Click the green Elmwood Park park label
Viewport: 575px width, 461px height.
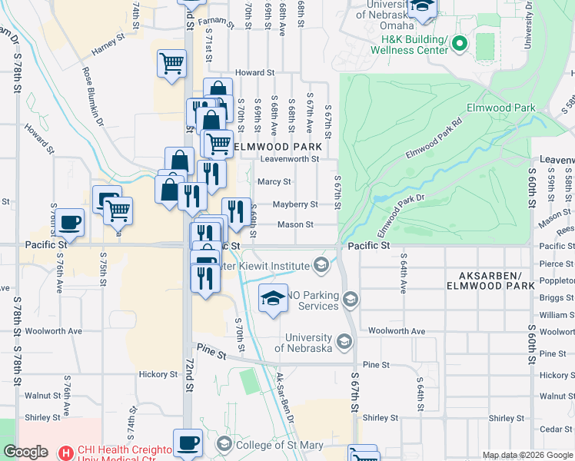point(501,108)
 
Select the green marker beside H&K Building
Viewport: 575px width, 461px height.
point(460,44)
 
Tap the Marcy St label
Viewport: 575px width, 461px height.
point(274,182)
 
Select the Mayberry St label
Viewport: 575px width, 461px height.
point(296,204)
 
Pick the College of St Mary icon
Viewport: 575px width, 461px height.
point(224,443)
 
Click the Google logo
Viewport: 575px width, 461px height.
point(25,452)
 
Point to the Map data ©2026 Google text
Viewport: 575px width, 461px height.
point(527,455)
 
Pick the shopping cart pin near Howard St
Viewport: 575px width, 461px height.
point(171,64)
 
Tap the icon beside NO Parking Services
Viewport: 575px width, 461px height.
point(350,298)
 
